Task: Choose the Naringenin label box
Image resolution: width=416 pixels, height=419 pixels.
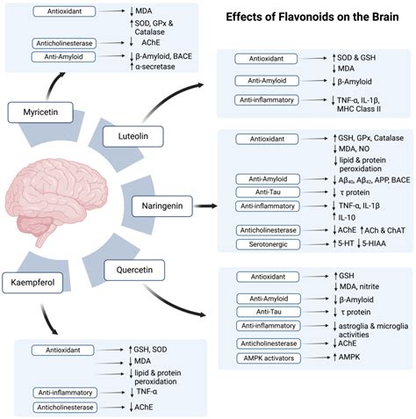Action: pos(165,205)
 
